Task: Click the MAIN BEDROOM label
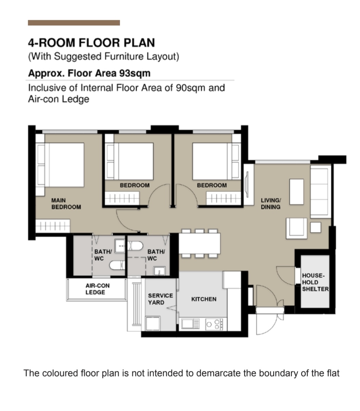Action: click(66, 204)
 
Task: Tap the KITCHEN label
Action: click(204, 299)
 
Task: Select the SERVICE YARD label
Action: click(160, 299)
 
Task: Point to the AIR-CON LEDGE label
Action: click(97, 289)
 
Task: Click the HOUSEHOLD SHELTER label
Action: click(315, 282)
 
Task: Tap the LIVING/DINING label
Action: click(271, 204)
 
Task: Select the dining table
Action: click(199, 243)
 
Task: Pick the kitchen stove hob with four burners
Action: click(214, 324)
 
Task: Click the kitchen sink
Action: click(190, 324)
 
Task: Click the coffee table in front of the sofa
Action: click(296, 192)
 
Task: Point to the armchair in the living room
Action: click(296, 228)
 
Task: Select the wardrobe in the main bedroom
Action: click(53, 226)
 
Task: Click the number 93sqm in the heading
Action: click(135, 73)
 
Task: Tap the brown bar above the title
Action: click(74, 23)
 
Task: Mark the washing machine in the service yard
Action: click(152, 323)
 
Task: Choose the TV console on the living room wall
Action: click(249, 184)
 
